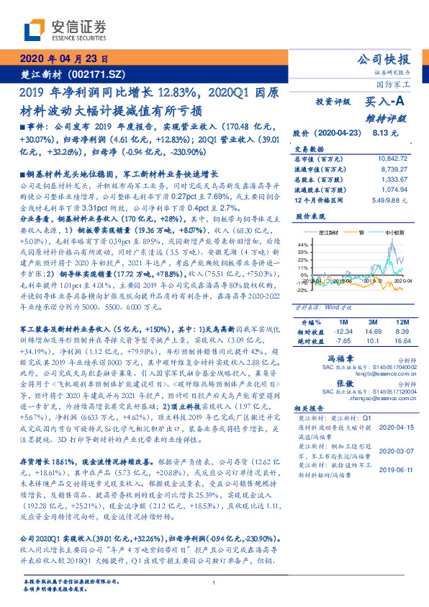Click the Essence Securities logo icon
pyautogui.click(x=33, y=30)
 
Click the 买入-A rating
pyautogui.click(x=384, y=104)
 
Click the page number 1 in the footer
pyautogui.click(x=214, y=583)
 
